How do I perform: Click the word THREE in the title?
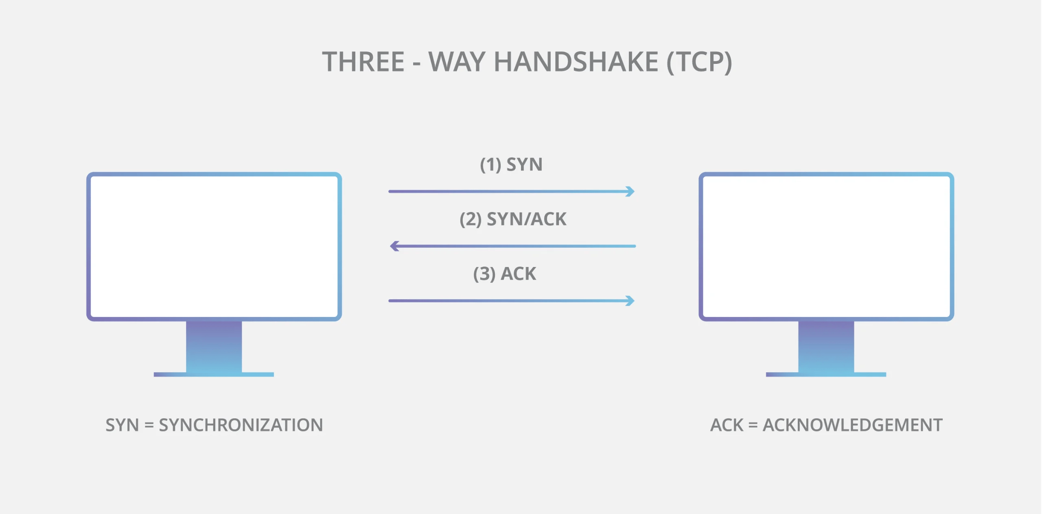pos(363,62)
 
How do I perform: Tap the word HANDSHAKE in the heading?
pos(576,62)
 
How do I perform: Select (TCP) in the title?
pos(699,62)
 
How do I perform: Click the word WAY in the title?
pos(457,62)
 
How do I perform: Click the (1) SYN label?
pos(511,165)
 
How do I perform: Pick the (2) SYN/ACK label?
pos(512,219)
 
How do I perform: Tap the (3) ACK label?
pos(504,274)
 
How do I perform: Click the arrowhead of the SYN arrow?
pos(630,191)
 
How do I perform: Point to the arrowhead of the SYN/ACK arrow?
pos(394,246)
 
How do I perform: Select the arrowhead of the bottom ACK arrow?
pos(630,301)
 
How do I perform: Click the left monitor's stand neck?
pos(214,346)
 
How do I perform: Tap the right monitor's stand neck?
pos(826,346)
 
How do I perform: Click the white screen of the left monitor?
pos(214,246)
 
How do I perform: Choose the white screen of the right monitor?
pos(826,246)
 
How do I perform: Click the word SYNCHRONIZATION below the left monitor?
pos(241,425)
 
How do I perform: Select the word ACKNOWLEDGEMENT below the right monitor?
pos(852,425)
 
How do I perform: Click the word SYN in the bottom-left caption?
pos(122,425)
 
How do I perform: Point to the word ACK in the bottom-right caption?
pos(727,425)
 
